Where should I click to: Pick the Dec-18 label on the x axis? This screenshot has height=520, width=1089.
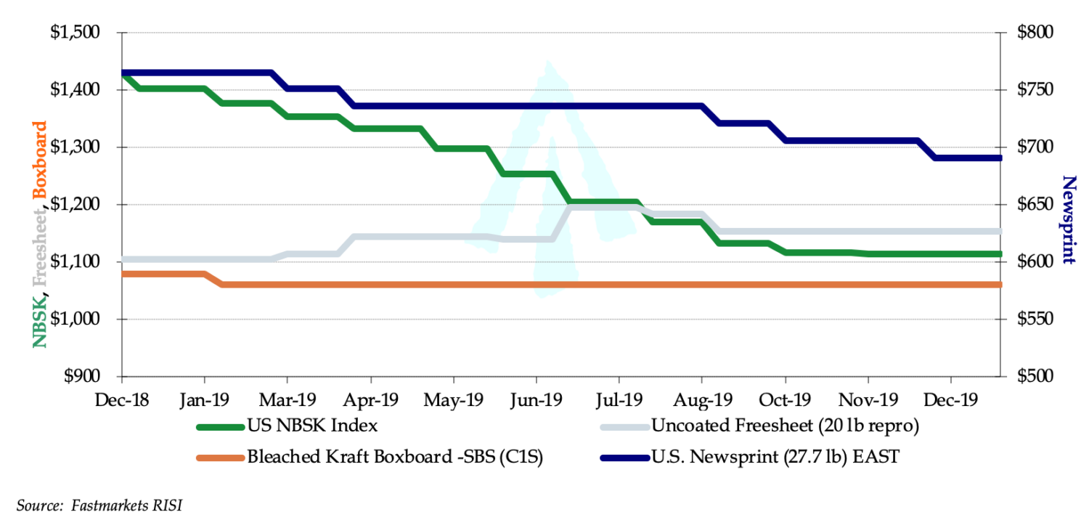click(x=122, y=400)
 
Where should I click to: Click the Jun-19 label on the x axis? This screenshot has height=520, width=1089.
click(x=537, y=400)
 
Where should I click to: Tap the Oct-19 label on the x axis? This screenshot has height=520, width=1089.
click(x=785, y=400)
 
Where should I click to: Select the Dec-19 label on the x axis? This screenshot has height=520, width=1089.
click(x=951, y=400)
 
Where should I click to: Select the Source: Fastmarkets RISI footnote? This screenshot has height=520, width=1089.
click(x=99, y=505)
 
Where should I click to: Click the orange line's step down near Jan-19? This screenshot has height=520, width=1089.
click(x=213, y=280)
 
